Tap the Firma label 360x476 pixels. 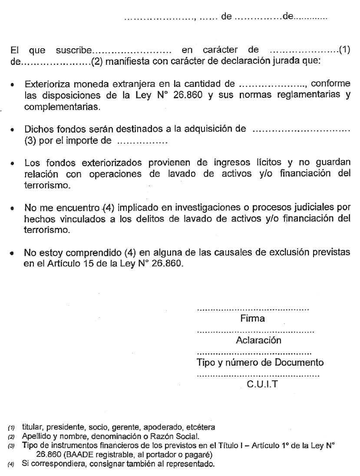[252, 319]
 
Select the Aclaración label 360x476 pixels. [258, 340]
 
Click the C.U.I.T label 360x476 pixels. [262, 384]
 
